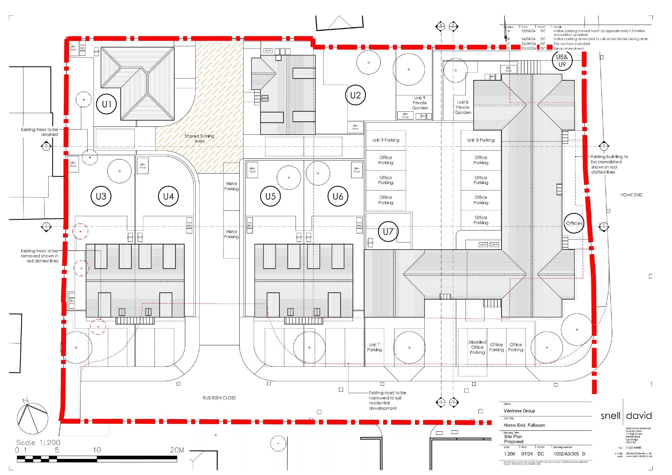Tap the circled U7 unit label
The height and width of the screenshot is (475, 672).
tap(388, 231)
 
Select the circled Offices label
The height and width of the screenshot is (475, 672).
tap(574, 223)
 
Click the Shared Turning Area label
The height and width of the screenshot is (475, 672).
tap(199, 138)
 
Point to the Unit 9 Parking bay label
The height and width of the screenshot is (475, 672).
tap(386, 140)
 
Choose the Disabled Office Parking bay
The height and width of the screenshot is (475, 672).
tap(477, 347)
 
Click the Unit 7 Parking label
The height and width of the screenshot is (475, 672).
tap(374, 347)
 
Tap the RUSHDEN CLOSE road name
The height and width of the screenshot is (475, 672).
tap(219, 398)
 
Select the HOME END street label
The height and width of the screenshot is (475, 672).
tap(631, 195)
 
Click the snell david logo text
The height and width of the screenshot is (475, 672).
tap(626, 415)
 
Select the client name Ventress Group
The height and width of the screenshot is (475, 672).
tap(519, 411)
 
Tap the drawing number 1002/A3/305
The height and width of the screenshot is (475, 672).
tap(566, 454)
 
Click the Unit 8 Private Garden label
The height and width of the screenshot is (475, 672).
tap(463, 107)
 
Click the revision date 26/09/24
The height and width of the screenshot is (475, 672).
tap(528, 44)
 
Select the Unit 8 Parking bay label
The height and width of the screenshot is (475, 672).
tap(481, 140)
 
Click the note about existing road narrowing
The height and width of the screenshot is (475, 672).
tap(387, 400)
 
